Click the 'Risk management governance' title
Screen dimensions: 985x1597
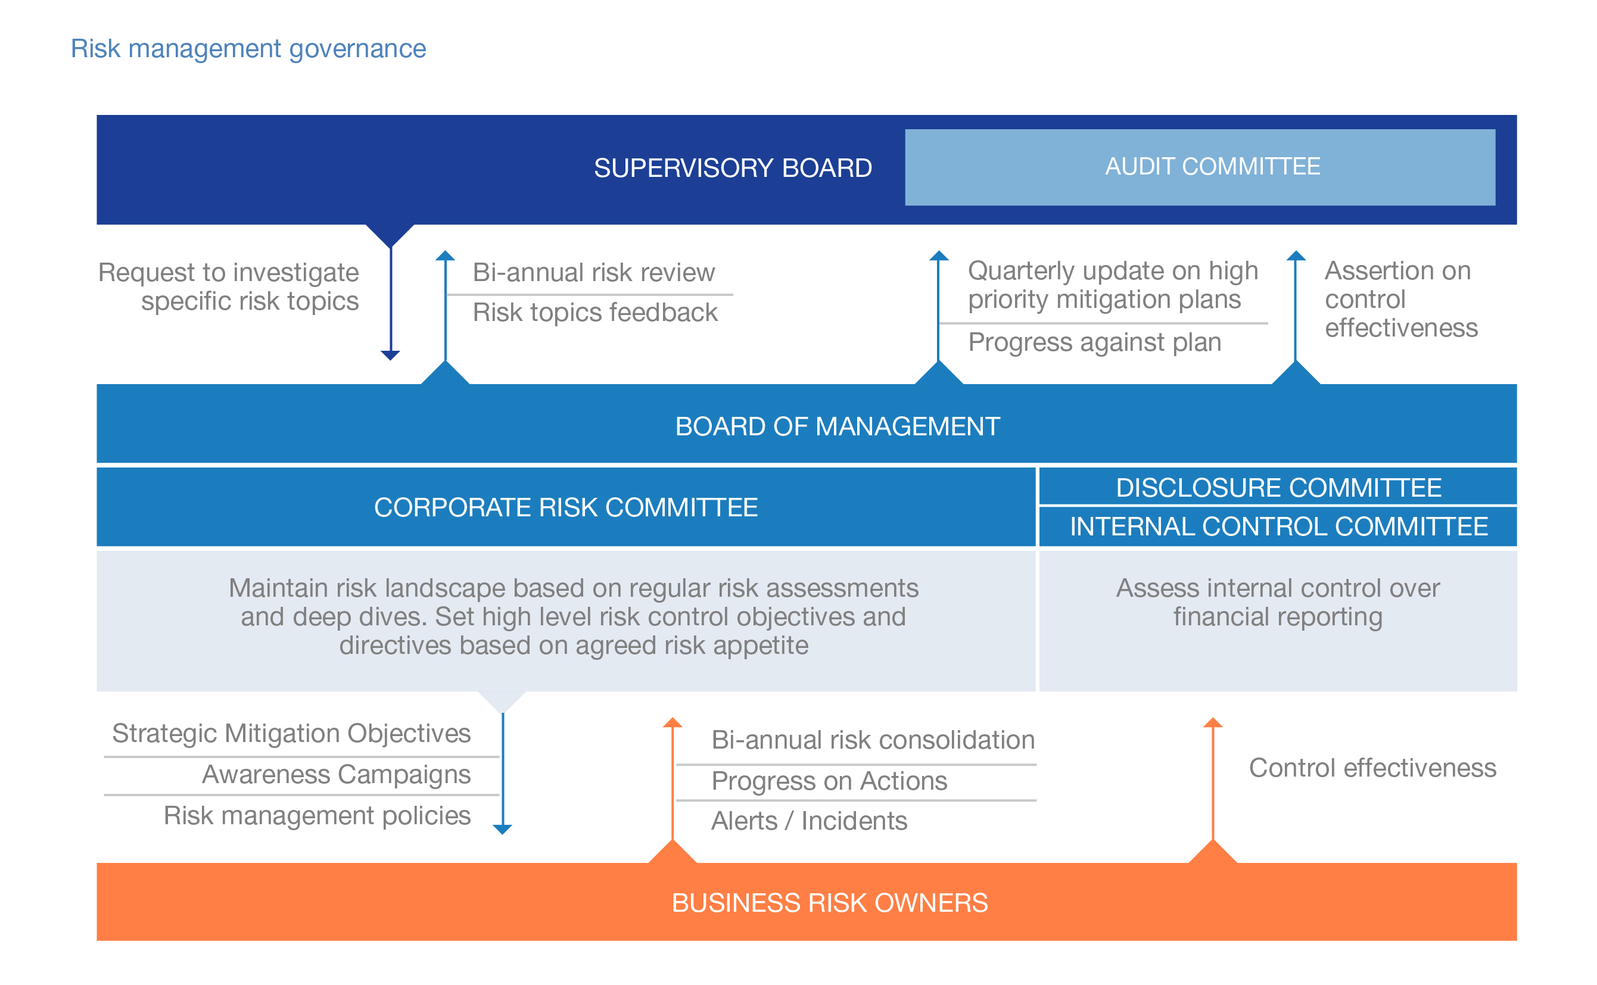click(x=248, y=49)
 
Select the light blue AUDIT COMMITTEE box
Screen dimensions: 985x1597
click(x=1199, y=167)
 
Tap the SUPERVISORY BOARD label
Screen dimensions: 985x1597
click(x=732, y=168)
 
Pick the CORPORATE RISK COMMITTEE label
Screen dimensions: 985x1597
click(x=565, y=507)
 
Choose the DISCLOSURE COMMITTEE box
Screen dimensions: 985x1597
click(x=1278, y=487)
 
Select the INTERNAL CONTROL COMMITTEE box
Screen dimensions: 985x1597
click(x=1278, y=526)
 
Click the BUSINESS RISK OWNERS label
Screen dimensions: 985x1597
click(x=829, y=903)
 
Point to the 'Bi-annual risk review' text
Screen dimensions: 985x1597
click(x=593, y=272)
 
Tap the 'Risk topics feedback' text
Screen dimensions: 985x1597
click(x=594, y=313)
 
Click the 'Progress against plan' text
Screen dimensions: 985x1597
click(x=1094, y=342)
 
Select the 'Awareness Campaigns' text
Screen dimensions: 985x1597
click(x=335, y=775)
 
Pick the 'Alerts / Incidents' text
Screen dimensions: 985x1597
click(x=808, y=821)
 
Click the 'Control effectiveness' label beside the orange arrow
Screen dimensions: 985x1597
click(x=1372, y=768)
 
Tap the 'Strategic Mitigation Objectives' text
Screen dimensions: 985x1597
click(x=291, y=734)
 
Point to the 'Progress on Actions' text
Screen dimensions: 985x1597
click(x=829, y=781)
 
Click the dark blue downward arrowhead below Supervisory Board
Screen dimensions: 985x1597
click(x=390, y=355)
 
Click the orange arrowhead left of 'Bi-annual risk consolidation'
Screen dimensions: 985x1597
click(x=673, y=722)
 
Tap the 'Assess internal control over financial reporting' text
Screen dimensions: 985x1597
click(x=1277, y=603)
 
